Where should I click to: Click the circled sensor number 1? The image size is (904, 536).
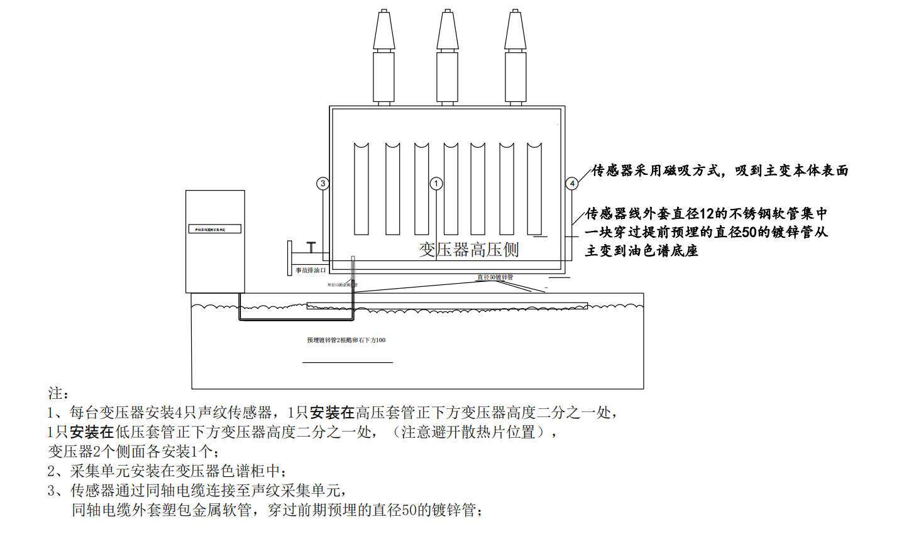[436, 184]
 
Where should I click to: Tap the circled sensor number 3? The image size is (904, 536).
[322, 184]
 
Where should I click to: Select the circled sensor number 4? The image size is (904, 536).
[571, 184]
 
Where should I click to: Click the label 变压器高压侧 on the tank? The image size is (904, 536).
[469, 250]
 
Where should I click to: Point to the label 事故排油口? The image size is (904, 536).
[311, 271]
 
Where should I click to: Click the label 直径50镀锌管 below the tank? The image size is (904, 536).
[495, 277]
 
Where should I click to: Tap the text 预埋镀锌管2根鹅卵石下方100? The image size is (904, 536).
[346, 340]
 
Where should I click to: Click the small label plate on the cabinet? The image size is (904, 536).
[215, 230]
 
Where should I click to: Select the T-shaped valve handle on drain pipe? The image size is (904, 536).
[311, 247]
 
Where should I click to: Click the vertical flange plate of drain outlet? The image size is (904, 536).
[290, 258]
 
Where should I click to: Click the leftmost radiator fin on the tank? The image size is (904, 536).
[361, 189]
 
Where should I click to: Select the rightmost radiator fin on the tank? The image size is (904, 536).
[534, 189]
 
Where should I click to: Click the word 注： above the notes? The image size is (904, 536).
[58, 394]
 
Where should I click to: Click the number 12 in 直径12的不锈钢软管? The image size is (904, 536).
[707, 214]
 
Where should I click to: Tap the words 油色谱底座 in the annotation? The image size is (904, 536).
[663, 251]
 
